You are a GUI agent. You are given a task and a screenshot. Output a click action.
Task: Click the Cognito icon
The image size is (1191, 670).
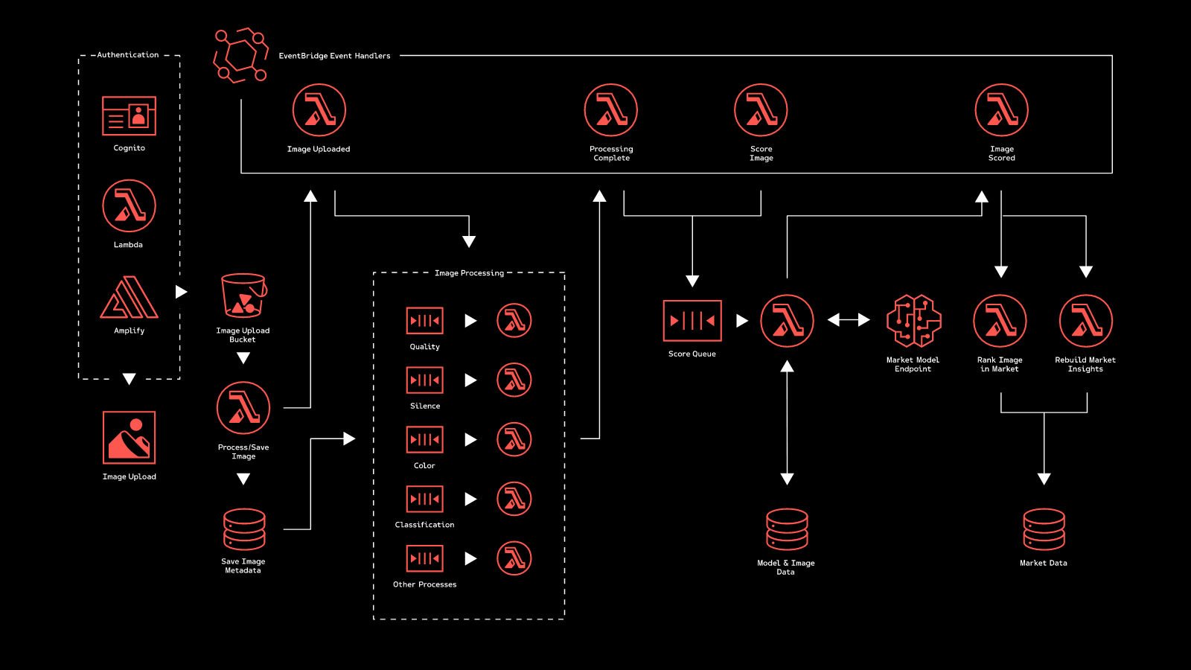coord(129,115)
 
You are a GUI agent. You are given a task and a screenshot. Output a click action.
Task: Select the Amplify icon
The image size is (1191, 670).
coord(129,298)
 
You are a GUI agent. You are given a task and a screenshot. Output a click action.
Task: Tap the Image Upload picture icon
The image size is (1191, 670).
coord(129,438)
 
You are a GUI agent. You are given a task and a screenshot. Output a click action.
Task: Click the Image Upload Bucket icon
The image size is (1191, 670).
coord(243,296)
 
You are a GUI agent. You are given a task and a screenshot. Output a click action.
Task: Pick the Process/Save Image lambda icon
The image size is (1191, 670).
coord(243,408)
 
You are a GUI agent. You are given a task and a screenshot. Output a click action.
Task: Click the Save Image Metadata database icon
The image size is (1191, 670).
coord(244,529)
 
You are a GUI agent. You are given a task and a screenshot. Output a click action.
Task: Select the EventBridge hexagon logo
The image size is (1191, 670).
coord(240,56)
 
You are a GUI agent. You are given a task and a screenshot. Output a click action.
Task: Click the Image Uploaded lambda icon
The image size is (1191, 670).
coord(319,110)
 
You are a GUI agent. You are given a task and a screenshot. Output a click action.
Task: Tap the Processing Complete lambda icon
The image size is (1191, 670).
coord(611,110)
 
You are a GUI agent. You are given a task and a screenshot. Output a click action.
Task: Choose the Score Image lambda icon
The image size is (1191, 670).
coord(761,110)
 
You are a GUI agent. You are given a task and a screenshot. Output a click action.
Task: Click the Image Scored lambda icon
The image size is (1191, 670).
coord(1001,110)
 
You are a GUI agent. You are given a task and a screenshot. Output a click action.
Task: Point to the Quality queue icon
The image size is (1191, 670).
coord(425,321)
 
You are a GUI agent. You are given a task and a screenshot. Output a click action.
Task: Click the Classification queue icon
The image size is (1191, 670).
coord(425,499)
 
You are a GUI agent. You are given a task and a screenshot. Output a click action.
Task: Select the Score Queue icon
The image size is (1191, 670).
coord(692,321)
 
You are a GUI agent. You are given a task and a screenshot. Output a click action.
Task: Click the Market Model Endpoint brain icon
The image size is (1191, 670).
coord(913,321)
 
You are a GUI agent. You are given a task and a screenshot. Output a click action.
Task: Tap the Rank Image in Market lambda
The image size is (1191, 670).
coord(1000,321)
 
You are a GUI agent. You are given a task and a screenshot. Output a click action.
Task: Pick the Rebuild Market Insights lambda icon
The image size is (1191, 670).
coord(1085,321)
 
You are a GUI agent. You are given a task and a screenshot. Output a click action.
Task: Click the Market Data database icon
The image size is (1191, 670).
coord(1044,529)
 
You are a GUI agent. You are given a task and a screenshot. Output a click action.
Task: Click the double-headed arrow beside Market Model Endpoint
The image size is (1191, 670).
coord(849,320)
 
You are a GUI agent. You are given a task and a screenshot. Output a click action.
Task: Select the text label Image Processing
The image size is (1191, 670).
coord(469,273)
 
